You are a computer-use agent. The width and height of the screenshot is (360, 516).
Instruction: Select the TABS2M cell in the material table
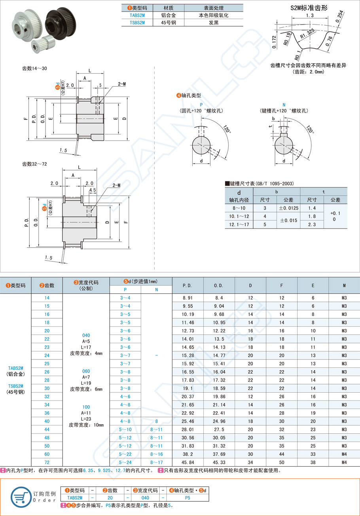pos(137,15)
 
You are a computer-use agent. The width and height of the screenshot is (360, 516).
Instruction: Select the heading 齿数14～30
pos(34,68)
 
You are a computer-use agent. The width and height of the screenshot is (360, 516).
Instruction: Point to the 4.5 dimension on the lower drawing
pos(93,190)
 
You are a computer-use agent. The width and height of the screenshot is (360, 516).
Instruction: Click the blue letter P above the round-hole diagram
pos(201,104)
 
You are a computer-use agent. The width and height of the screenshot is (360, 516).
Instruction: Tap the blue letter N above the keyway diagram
pos(284,104)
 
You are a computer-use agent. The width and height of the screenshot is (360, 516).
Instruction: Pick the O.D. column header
pos(219,285)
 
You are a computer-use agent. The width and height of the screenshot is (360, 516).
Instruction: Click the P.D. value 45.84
pos(188,462)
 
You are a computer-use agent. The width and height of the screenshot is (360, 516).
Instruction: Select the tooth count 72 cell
pos(47,462)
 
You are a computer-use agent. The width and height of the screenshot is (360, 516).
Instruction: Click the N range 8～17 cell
pos(156,462)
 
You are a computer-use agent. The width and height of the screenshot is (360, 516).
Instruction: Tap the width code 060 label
pos(86,371)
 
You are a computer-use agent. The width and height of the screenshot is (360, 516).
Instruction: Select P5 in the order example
pos(188,498)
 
